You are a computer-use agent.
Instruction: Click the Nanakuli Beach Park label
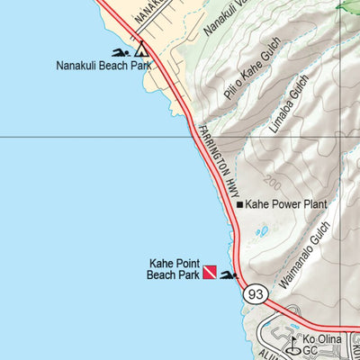tap(100, 66)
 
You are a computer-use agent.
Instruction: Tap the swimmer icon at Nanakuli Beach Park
tap(120, 51)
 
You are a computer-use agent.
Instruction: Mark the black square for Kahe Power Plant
tap(239, 204)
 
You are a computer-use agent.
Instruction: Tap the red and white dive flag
tap(209, 270)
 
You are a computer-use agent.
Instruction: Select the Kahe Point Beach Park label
tap(173, 269)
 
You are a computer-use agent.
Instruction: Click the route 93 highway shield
tap(256, 293)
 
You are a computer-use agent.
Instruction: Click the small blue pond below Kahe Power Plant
tap(262, 231)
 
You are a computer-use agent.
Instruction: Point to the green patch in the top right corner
tap(347, 4)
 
